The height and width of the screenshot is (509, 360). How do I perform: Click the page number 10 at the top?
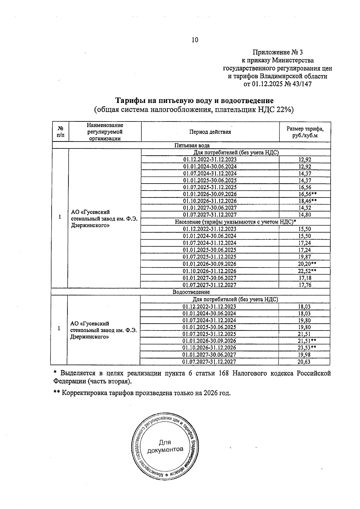[195, 40]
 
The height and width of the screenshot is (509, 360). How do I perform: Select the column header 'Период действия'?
[210, 132]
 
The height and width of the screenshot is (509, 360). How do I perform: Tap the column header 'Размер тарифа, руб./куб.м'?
[305, 132]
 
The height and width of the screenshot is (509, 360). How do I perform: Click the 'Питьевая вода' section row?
[192, 146]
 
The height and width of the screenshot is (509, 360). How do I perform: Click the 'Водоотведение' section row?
[191, 292]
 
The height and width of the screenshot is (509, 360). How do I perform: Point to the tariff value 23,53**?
[307, 348]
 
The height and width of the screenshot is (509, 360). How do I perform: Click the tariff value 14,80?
[305, 215]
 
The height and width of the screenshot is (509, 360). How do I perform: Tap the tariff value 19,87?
[305, 257]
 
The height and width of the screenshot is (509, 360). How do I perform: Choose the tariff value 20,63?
[304, 362]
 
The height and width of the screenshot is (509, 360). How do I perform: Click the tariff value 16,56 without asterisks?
[305, 187]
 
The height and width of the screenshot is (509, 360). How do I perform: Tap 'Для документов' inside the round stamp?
[165, 446]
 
